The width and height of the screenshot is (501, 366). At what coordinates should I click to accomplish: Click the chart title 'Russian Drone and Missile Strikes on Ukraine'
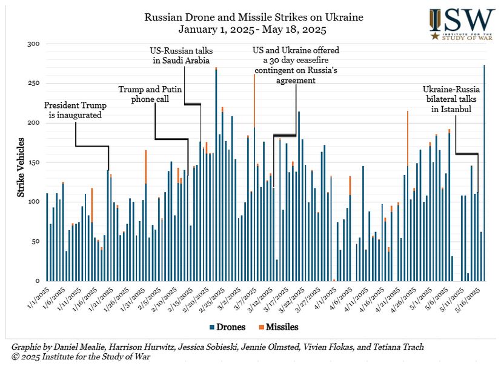coord(254,17)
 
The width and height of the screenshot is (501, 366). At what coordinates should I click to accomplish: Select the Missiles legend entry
coord(279,327)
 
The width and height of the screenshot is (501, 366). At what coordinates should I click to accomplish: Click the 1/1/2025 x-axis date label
coord(38,296)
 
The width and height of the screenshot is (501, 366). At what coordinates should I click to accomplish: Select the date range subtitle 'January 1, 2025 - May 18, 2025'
coord(254,28)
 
